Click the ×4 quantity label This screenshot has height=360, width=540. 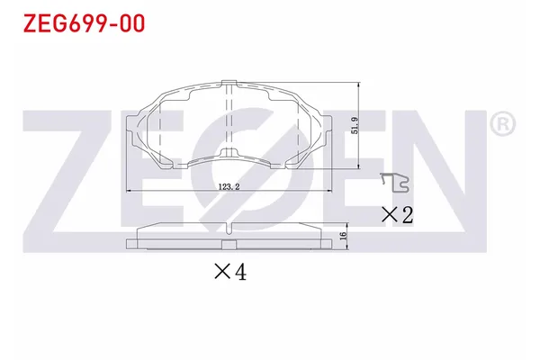point(229,271)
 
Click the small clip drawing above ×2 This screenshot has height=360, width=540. point(393,182)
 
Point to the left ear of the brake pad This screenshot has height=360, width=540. point(138,126)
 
